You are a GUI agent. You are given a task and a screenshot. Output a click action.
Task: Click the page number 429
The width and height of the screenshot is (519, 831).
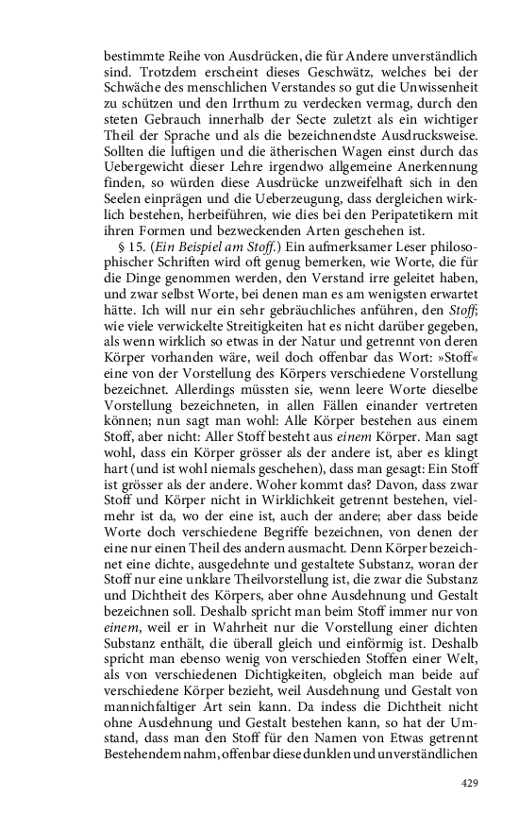[x=469, y=784]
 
